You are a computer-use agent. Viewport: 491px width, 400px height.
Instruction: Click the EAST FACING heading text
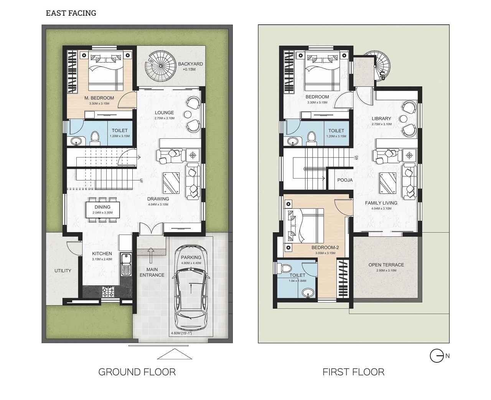[x=71, y=13]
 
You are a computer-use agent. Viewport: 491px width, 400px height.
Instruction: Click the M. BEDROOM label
[x=97, y=98]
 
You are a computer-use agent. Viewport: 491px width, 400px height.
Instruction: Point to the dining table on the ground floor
[x=102, y=210]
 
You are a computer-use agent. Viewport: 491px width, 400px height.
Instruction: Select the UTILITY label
[x=63, y=271]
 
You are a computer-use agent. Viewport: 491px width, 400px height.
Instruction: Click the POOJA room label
[x=345, y=180]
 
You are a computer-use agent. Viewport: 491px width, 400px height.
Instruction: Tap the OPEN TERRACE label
[x=386, y=265]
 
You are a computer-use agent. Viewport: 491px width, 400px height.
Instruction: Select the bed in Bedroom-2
[x=304, y=226]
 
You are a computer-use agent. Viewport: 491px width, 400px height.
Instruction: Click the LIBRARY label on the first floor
[x=381, y=119]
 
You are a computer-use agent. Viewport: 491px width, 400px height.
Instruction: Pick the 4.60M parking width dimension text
[x=182, y=333]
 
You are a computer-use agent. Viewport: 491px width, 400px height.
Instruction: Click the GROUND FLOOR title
[x=137, y=372]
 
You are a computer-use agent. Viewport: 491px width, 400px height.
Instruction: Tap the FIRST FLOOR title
[x=353, y=372]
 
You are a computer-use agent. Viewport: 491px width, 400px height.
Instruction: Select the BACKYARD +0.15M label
[x=190, y=66]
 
